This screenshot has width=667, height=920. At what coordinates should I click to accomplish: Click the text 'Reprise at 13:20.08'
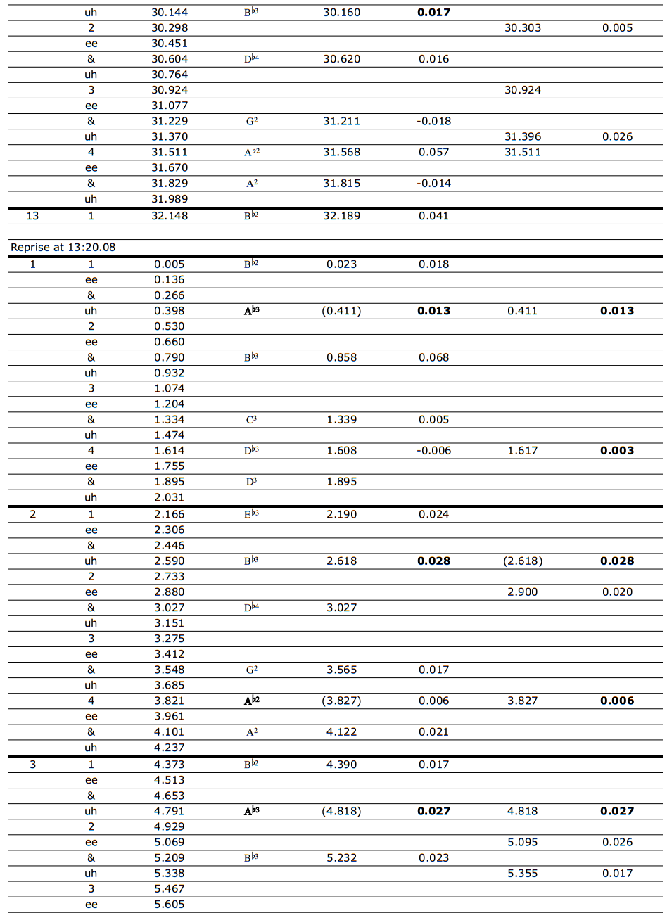tap(63, 248)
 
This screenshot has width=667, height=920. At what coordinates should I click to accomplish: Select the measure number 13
tap(32, 216)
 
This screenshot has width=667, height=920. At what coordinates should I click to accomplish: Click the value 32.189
tap(341, 216)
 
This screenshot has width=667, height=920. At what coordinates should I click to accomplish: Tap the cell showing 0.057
tap(433, 152)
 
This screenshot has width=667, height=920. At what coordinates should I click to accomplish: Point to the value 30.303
tap(523, 28)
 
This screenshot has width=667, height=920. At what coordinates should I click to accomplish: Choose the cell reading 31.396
tap(523, 136)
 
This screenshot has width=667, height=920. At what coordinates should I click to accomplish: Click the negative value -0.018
tap(433, 121)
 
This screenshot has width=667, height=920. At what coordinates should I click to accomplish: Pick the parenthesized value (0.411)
tap(341, 311)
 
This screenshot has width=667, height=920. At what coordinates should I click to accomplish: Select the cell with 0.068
tap(433, 357)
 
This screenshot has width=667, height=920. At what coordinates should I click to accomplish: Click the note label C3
tap(251, 420)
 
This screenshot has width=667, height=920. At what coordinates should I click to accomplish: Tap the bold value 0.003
tap(617, 451)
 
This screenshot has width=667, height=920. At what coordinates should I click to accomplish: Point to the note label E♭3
tap(251, 514)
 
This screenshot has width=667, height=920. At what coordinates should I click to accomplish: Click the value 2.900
tap(523, 592)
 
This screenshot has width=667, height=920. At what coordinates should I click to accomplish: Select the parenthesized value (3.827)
tap(341, 701)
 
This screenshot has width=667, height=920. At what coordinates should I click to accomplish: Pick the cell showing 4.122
tap(341, 732)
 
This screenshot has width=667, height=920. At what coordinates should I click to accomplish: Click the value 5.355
tap(523, 874)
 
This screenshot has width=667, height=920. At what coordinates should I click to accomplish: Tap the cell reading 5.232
tap(341, 858)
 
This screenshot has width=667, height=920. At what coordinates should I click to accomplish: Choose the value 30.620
tap(341, 59)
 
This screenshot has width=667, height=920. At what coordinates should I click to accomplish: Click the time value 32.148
tap(170, 216)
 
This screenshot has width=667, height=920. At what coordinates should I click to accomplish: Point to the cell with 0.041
tap(433, 216)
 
